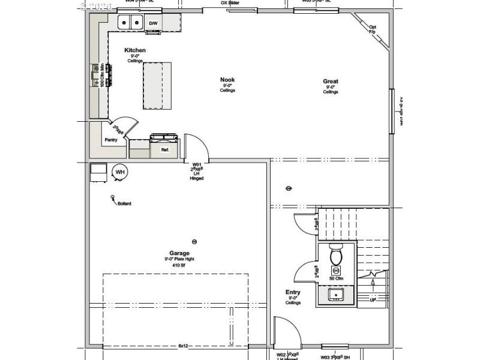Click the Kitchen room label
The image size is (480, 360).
(x=135, y=50)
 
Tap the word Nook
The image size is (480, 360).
(x=227, y=80)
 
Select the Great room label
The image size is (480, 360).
(x=331, y=82)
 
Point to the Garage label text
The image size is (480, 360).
(x=179, y=253)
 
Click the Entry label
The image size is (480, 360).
(x=293, y=292)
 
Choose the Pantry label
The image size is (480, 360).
(x=111, y=140)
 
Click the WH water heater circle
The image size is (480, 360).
(x=120, y=172)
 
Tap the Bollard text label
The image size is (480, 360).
(x=124, y=203)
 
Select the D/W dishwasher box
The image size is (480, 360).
(x=154, y=23)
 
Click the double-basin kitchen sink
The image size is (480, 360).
(x=130, y=23)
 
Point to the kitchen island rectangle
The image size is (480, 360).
(x=157, y=86)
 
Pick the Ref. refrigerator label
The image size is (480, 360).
(x=165, y=149)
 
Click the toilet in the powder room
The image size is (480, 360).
(x=336, y=256)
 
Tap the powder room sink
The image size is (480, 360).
(x=336, y=294)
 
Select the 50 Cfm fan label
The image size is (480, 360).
(x=336, y=279)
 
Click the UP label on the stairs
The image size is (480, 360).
(x=373, y=299)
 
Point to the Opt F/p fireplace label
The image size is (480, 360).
(x=373, y=28)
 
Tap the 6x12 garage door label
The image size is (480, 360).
(x=184, y=346)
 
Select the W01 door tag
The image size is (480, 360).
(x=196, y=164)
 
